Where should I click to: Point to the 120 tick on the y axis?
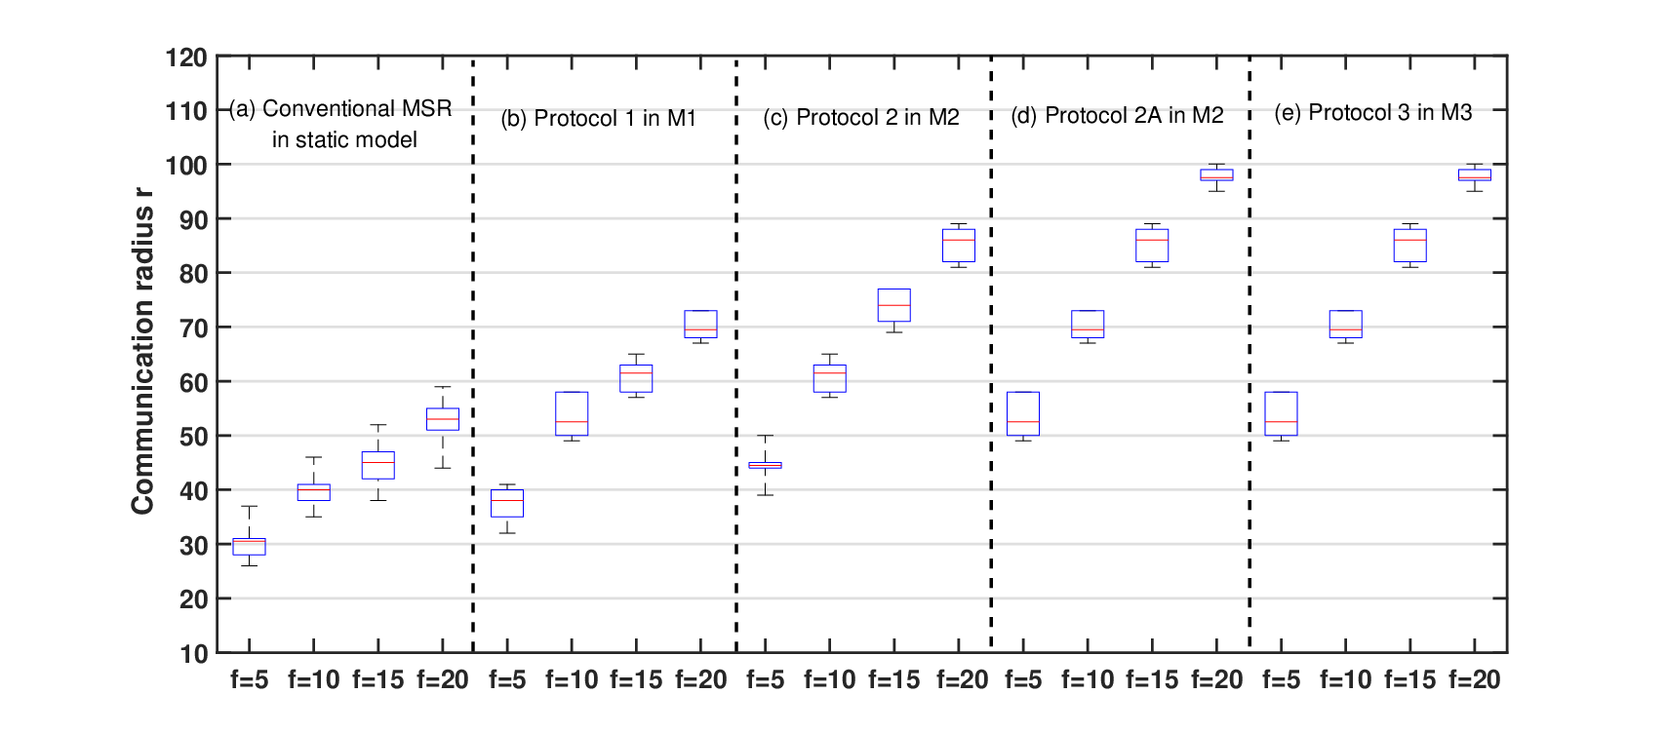pos(186,58)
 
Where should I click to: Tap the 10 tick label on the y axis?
pos(193,653)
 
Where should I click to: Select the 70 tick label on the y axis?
pos(193,328)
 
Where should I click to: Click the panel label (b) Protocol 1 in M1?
pos(598,118)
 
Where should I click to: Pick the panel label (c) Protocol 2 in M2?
pos(861,118)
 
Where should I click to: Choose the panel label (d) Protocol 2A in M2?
pos(1117,115)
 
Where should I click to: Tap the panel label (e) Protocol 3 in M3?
pos(1373,112)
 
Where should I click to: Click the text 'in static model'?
pos(344,139)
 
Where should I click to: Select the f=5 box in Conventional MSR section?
pos(249,547)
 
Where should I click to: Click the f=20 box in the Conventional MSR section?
pos(443,419)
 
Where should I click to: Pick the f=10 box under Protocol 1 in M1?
pos(572,413)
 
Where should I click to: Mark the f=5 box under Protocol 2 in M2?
pos(766,465)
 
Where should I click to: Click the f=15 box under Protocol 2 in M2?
pos(894,305)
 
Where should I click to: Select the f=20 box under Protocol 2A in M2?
pos(1216,174)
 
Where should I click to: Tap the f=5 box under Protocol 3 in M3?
pos(1282,413)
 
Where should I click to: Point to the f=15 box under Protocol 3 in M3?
pos(1410,246)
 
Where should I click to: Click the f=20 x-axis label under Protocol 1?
pos(700,679)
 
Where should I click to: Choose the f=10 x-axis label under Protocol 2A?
pos(1088,679)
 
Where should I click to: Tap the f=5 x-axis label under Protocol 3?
pos(1282,679)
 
